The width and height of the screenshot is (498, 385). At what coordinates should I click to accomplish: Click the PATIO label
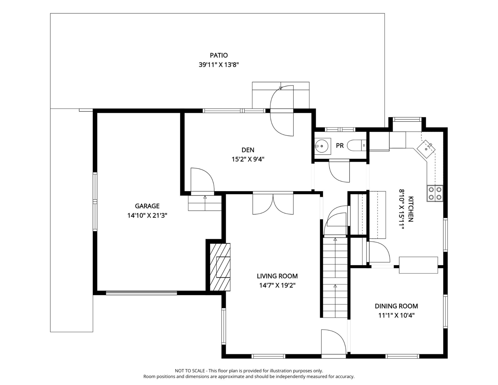tap(219, 55)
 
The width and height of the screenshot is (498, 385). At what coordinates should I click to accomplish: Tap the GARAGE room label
tap(147, 206)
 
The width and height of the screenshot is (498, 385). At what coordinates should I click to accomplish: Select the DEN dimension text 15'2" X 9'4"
tap(248, 159)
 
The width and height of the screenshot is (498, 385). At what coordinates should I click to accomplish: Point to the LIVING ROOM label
tap(277, 276)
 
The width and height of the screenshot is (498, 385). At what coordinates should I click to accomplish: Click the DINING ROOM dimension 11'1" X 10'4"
tap(396, 315)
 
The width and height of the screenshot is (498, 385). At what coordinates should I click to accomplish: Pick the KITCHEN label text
tap(411, 209)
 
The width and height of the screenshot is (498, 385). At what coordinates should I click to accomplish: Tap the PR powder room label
tap(340, 146)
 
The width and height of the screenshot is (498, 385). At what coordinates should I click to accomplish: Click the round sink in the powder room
tap(321, 146)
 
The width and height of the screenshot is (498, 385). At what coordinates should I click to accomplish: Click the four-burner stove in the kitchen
tap(435, 194)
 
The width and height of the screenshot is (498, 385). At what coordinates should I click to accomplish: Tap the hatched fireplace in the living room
tap(220, 267)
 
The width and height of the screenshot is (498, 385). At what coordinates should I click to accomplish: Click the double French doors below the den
tap(273, 203)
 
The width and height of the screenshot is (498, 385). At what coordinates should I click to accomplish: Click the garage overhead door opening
tap(141, 293)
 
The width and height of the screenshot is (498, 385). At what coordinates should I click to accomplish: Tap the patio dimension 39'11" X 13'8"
tap(219, 65)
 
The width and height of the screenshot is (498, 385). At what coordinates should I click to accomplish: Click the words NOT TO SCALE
tap(189, 371)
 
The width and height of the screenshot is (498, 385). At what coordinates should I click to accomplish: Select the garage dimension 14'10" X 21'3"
tap(147, 215)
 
